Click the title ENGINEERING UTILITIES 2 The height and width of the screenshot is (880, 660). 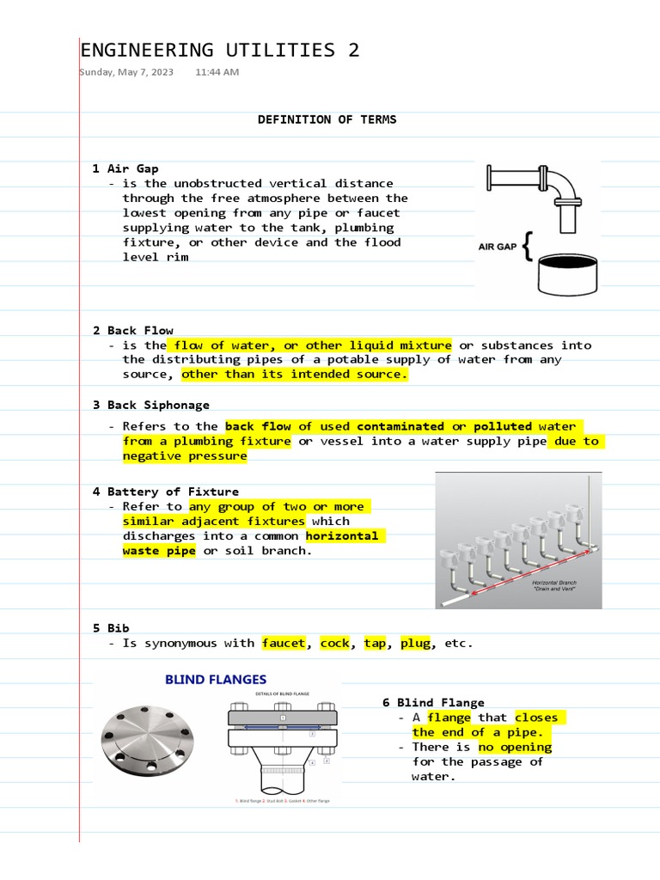pos(219,51)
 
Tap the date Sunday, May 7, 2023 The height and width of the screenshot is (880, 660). pos(127,72)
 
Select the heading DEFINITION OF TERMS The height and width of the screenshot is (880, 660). pos(327,119)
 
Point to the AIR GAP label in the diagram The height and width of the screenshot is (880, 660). pos(498,247)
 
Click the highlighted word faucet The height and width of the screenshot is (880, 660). pos(284,643)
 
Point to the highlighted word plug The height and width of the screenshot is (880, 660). pos(416,643)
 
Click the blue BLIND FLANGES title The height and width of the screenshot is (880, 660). pos(216,680)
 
